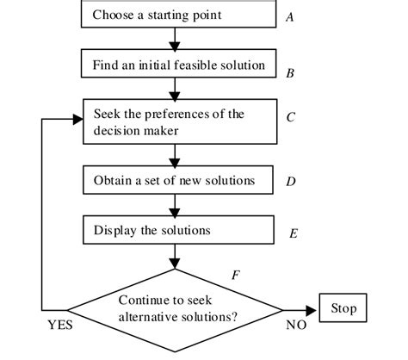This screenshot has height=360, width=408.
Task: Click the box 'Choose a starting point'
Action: pyautogui.click(x=176, y=15)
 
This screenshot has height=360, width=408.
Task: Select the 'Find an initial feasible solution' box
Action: pyautogui.click(x=176, y=64)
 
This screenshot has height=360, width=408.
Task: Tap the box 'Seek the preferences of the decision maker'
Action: pyautogui.click(x=176, y=121)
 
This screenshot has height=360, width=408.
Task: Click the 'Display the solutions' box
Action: pyautogui.click(x=176, y=230)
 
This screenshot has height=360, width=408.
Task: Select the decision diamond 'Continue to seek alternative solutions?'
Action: pyautogui.click(x=176, y=307)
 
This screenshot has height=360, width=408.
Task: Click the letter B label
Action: pyautogui.click(x=290, y=74)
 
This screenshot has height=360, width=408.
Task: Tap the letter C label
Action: pyautogui.click(x=291, y=117)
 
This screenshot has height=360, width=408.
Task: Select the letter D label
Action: pyautogui.click(x=291, y=183)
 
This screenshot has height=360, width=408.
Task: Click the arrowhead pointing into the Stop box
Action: pyautogui.click(x=313, y=307)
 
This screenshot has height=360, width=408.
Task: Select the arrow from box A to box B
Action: pyautogui.click(x=176, y=39)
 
